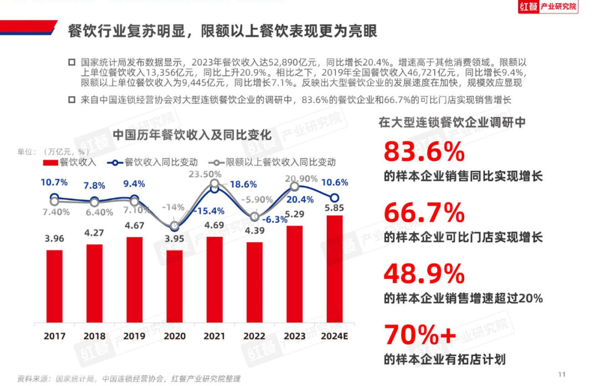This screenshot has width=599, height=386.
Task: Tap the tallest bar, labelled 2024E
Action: [334, 268]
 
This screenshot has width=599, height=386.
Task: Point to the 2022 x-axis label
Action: [255, 336]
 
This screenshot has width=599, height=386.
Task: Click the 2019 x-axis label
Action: [134, 336]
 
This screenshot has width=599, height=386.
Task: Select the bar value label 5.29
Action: [295, 214]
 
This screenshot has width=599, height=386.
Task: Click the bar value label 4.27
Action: [94, 233]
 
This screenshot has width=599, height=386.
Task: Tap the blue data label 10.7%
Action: [54, 182]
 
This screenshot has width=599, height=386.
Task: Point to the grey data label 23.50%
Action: [205, 174]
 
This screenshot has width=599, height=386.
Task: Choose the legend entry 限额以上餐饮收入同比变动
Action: [281, 162]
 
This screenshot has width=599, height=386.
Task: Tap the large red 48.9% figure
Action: [424, 273]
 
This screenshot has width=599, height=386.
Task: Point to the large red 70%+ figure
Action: [420, 334]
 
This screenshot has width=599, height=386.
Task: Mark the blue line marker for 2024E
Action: [334, 197]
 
